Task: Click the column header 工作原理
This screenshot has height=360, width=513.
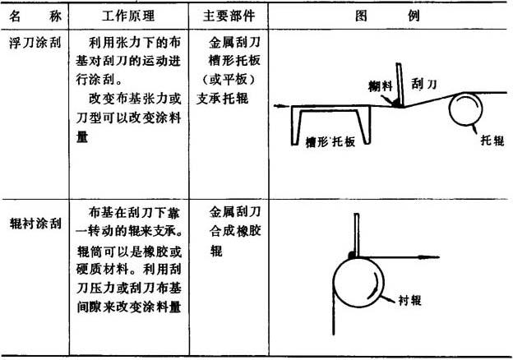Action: coord(128,16)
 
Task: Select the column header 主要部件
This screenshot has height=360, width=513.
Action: coord(229,16)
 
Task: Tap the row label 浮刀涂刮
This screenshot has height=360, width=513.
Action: coord(35,43)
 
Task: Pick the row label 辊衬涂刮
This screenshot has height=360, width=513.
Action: coord(35,224)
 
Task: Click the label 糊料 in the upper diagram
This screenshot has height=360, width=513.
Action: coord(380,86)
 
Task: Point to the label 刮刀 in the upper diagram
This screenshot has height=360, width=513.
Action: coord(424,84)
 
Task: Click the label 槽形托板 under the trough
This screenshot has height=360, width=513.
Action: coord(330,141)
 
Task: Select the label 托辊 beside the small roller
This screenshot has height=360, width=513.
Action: coord(492,141)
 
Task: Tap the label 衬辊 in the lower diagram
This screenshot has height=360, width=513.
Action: coord(410,300)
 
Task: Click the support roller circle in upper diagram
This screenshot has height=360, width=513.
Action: coord(450,108)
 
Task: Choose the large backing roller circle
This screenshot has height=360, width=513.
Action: coord(334,283)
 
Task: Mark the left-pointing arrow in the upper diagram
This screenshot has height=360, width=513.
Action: coord(282,106)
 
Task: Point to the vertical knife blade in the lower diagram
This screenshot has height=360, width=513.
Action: coord(357,235)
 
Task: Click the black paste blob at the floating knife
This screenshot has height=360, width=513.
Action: coord(398,103)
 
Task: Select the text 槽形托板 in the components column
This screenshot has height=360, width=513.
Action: coord(235,60)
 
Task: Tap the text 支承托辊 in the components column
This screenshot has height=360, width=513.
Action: coord(223,98)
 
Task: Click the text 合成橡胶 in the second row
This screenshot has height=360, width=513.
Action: coord(235,231)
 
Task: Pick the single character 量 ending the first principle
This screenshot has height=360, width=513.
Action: coord(82,136)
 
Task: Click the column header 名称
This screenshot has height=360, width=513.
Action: coord(35,16)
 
